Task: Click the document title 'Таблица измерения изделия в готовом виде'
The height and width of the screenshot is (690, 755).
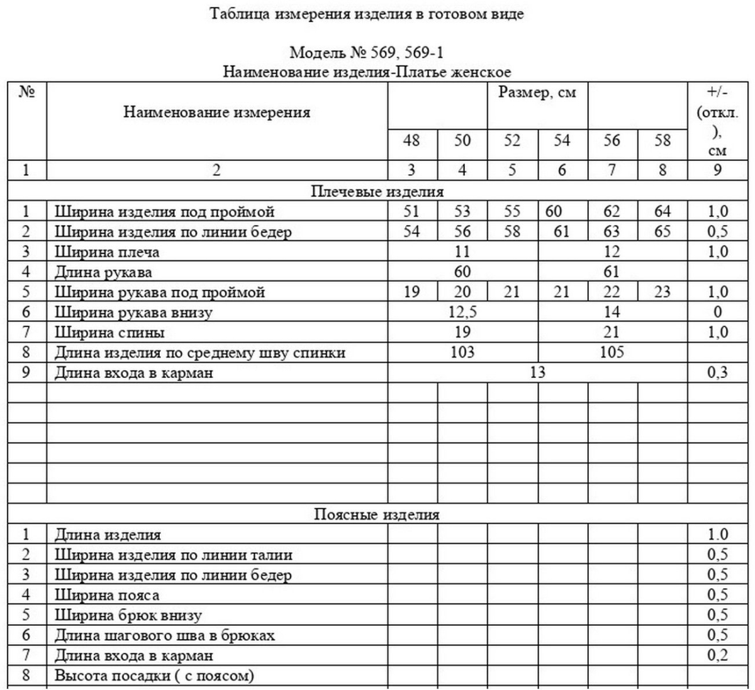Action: pyautogui.click(x=367, y=14)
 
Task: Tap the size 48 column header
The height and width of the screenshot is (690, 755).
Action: pyautogui.click(x=411, y=140)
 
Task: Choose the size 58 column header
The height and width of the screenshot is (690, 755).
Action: pyautogui.click(x=662, y=140)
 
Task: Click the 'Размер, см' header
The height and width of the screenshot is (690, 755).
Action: pyautogui.click(x=537, y=93)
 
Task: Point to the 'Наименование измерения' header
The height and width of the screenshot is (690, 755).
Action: pyautogui.click(x=216, y=113)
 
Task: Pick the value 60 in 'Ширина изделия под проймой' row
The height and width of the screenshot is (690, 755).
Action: pyautogui.click(x=554, y=211)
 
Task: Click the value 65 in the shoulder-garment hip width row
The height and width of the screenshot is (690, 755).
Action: pyautogui.click(x=662, y=231)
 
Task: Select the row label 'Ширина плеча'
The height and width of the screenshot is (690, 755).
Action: pyautogui.click(x=107, y=252)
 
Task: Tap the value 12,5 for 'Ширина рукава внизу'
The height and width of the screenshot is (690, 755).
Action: pyautogui.click(x=462, y=312)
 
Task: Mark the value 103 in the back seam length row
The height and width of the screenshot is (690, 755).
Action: pyautogui.click(x=462, y=352)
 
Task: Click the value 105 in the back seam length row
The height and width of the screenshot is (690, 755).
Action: pyautogui.click(x=612, y=352)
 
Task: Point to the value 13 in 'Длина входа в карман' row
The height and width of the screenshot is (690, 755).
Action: pyautogui.click(x=537, y=372)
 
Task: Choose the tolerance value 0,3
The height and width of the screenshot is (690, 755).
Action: pyautogui.click(x=717, y=372)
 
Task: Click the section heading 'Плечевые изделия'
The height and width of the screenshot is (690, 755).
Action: pyautogui.click(x=377, y=191)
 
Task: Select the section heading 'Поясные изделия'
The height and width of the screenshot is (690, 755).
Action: pyautogui.click(x=377, y=515)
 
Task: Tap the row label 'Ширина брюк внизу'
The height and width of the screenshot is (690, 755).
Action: pyautogui.click(x=128, y=615)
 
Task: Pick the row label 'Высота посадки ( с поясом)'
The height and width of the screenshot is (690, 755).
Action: pyautogui.click(x=154, y=676)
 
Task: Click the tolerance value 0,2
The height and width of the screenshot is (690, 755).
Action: pyautogui.click(x=717, y=655)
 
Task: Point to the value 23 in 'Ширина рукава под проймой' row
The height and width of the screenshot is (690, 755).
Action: pyautogui.click(x=662, y=292)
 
